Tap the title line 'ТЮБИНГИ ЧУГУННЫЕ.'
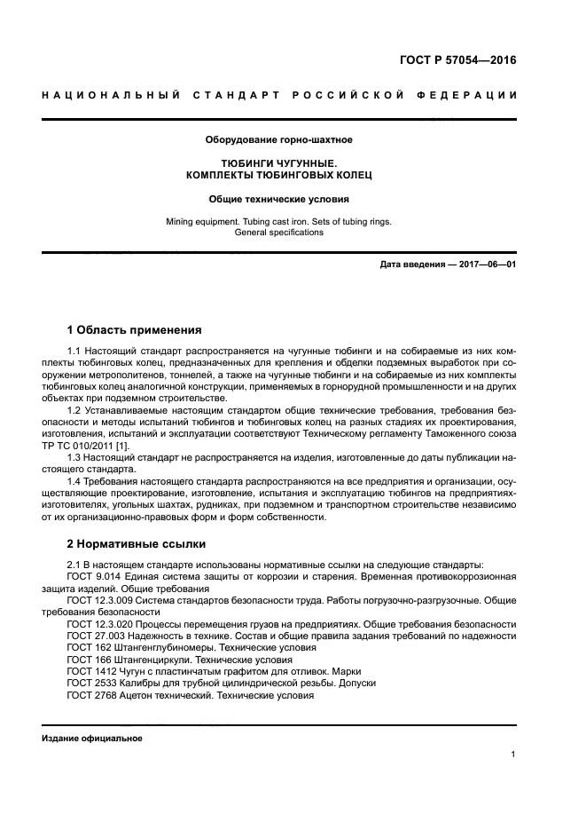click(x=278, y=164)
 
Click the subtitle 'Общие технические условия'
click(x=278, y=200)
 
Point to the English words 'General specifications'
click(x=278, y=233)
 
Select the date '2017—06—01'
click(x=485, y=265)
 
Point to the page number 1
click(x=513, y=755)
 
